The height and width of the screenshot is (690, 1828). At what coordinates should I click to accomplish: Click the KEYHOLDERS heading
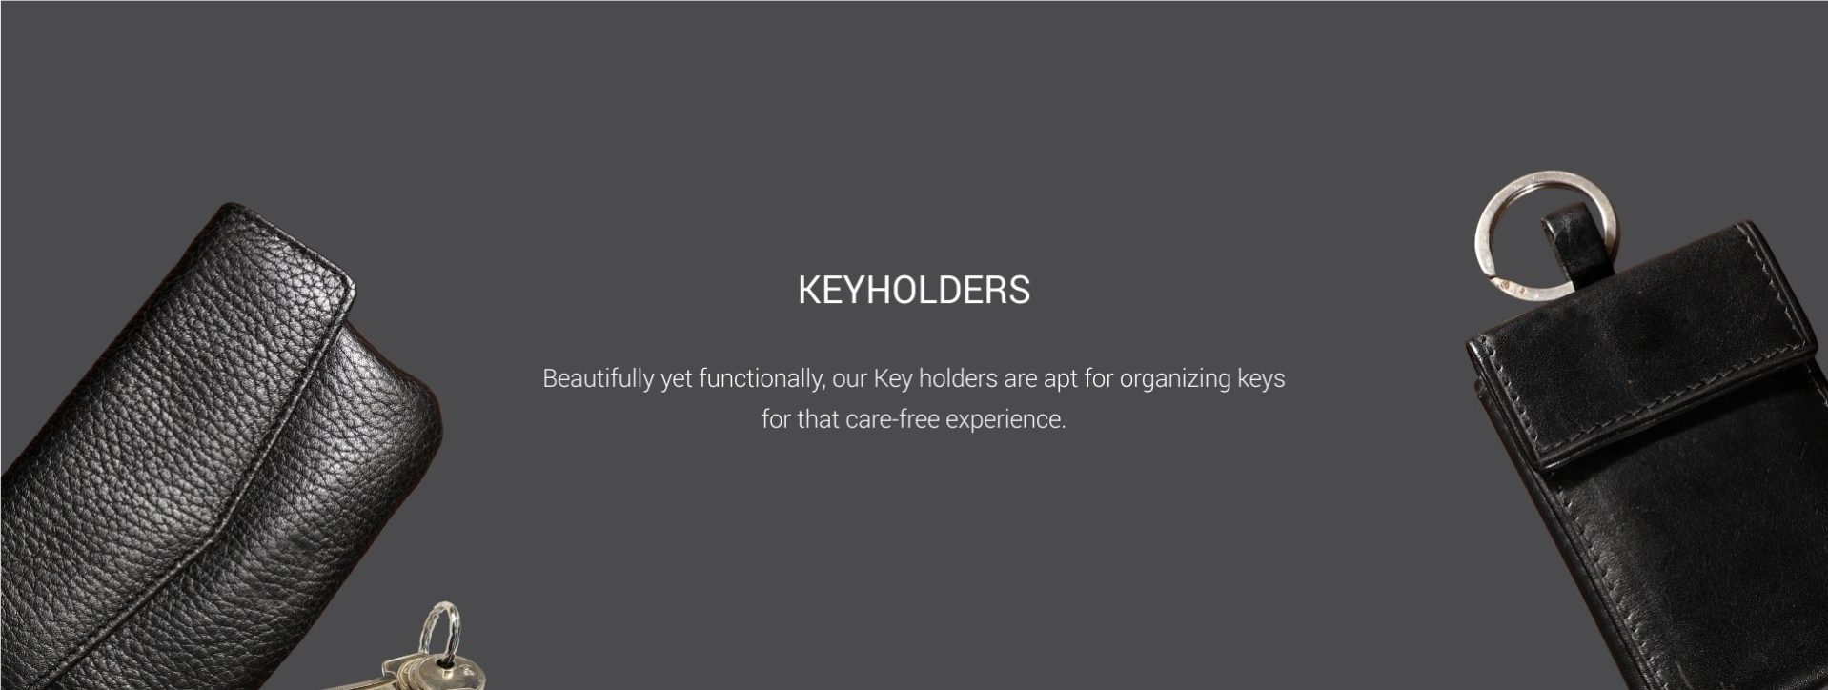[x=913, y=290]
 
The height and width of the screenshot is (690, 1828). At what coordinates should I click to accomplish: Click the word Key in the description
[x=893, y=379]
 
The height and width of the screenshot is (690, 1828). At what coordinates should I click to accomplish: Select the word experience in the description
[x=1005, y=420]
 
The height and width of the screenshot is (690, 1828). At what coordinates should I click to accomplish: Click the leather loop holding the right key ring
[x=1568, y=242]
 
